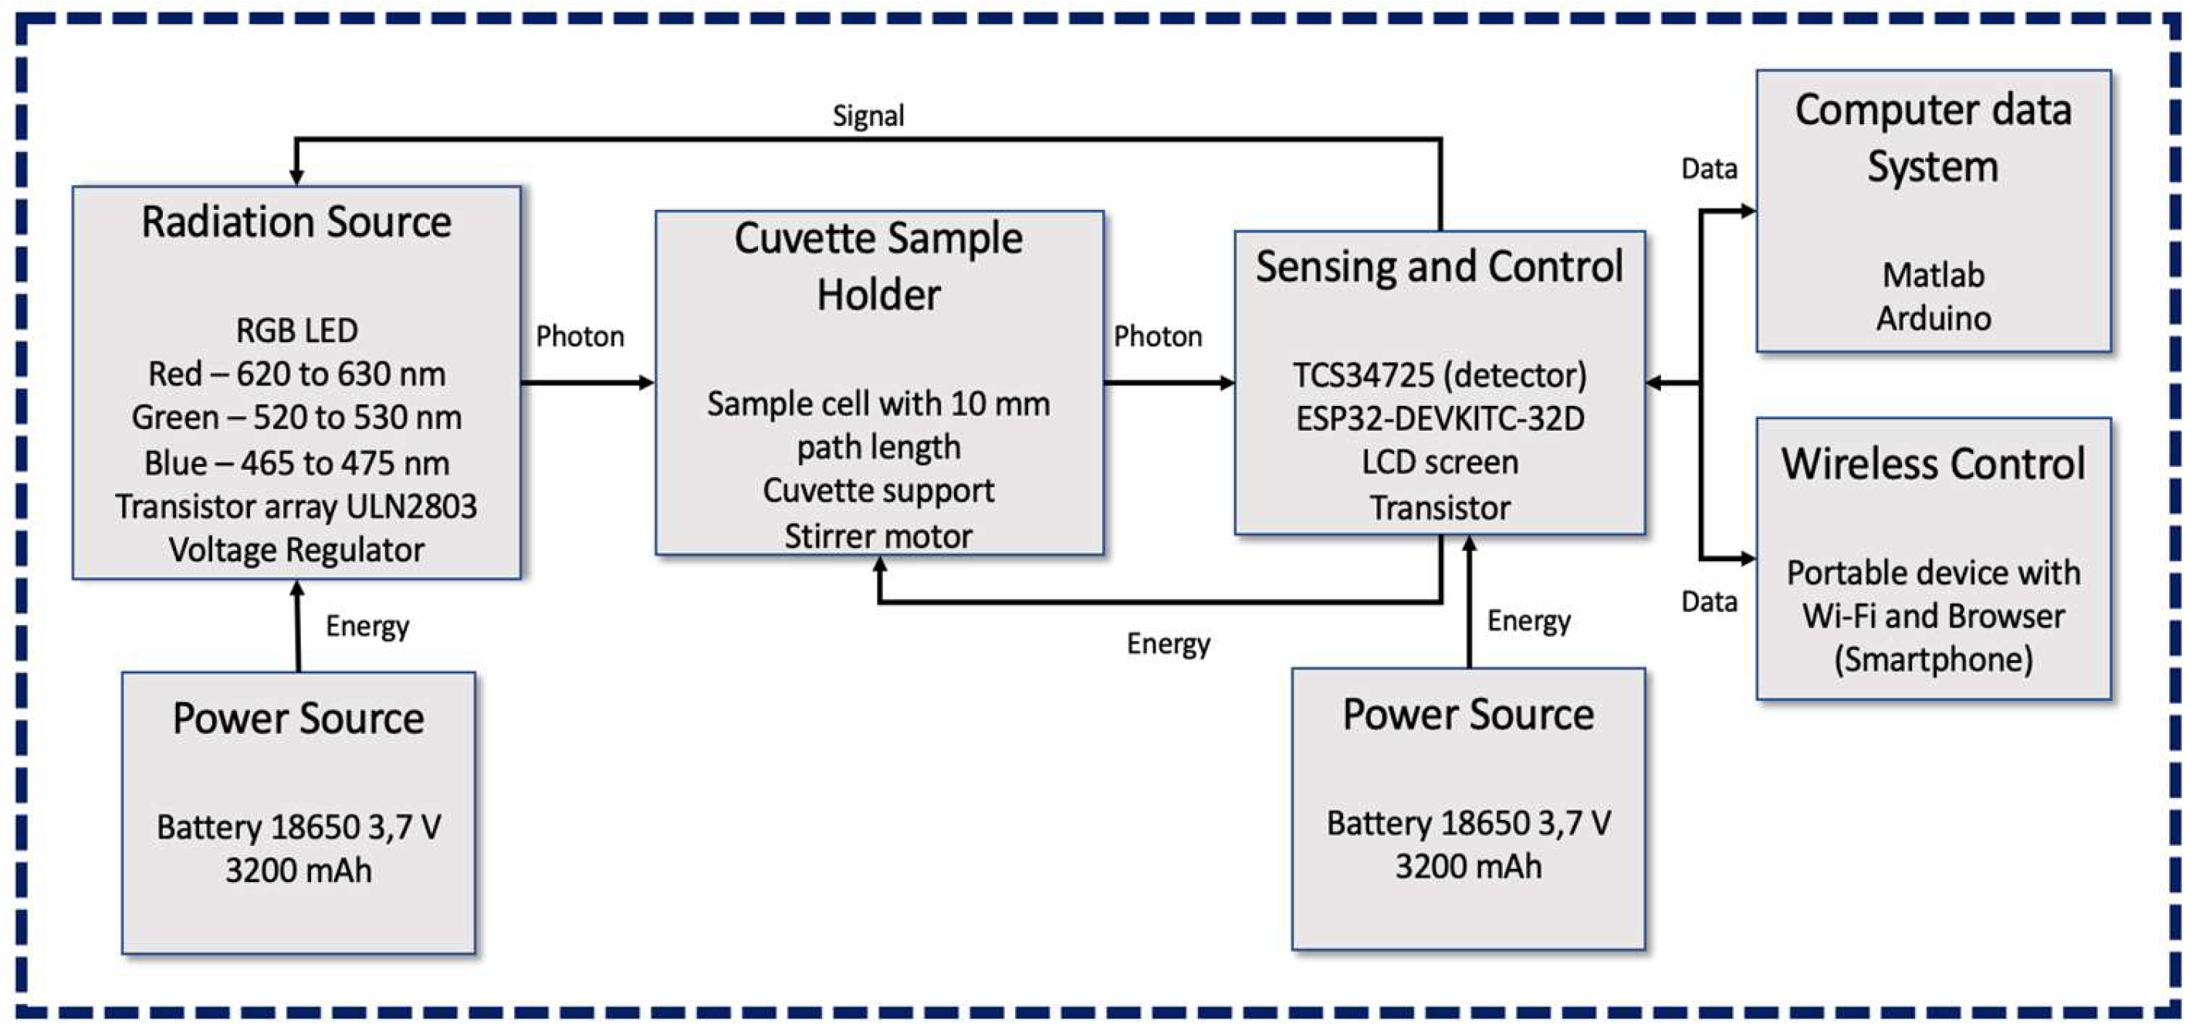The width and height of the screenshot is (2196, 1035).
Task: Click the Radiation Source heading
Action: coord(296,222)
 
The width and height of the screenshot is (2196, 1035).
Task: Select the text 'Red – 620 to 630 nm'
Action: coord(296,374)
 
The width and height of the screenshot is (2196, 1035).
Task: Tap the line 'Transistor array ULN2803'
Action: coord(296,506)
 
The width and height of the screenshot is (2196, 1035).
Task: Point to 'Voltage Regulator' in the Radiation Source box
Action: coord(296,550)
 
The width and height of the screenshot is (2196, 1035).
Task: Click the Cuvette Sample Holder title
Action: coord(878,266)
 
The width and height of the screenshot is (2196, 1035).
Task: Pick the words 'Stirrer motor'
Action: coord(878,536)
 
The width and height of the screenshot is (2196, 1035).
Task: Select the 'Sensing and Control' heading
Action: coord(1439,267)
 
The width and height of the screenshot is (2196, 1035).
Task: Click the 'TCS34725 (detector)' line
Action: coord(1439,375)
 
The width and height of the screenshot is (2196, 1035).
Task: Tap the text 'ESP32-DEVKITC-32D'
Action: coord(1439,418)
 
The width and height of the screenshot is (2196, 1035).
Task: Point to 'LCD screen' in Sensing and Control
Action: coord(1439,462)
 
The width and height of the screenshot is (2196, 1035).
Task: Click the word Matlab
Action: coord(1933,276)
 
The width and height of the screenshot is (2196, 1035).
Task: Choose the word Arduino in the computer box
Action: coord(1933,319)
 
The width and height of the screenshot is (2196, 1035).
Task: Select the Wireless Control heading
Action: coord(1933,465)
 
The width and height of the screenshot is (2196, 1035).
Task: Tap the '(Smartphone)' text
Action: coord(1933,660)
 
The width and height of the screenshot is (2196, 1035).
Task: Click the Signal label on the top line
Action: coord(868,116)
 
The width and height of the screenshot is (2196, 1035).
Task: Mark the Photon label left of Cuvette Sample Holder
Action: coord(580,337)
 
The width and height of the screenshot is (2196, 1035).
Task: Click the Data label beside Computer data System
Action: coord(1708,169)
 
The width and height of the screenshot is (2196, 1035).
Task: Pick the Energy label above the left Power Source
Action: coord(367,627)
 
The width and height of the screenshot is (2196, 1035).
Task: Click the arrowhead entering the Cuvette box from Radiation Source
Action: coord(647,383)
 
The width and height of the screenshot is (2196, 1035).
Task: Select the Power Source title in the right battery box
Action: coord(1468,715)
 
